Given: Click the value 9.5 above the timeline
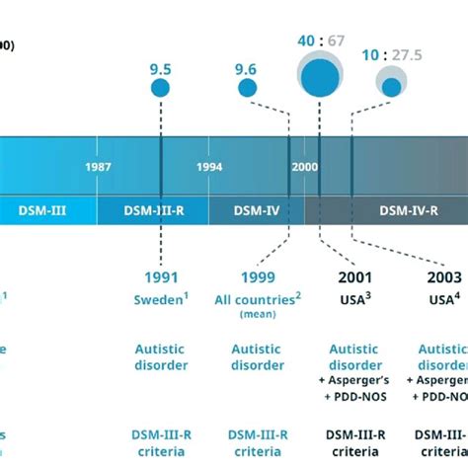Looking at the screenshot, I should [161, 69].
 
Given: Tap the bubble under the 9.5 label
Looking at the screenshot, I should [160, 89].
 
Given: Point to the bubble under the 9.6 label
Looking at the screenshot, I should [249, 89].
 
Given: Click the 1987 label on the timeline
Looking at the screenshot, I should [98, 167].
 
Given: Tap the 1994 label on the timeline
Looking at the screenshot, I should [209, 167].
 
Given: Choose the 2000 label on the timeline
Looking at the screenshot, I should [304, 167].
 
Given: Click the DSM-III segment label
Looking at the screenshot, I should [42, 209].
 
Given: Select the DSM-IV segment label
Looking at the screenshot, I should [255, 209].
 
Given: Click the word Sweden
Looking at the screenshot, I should [156, 299].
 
